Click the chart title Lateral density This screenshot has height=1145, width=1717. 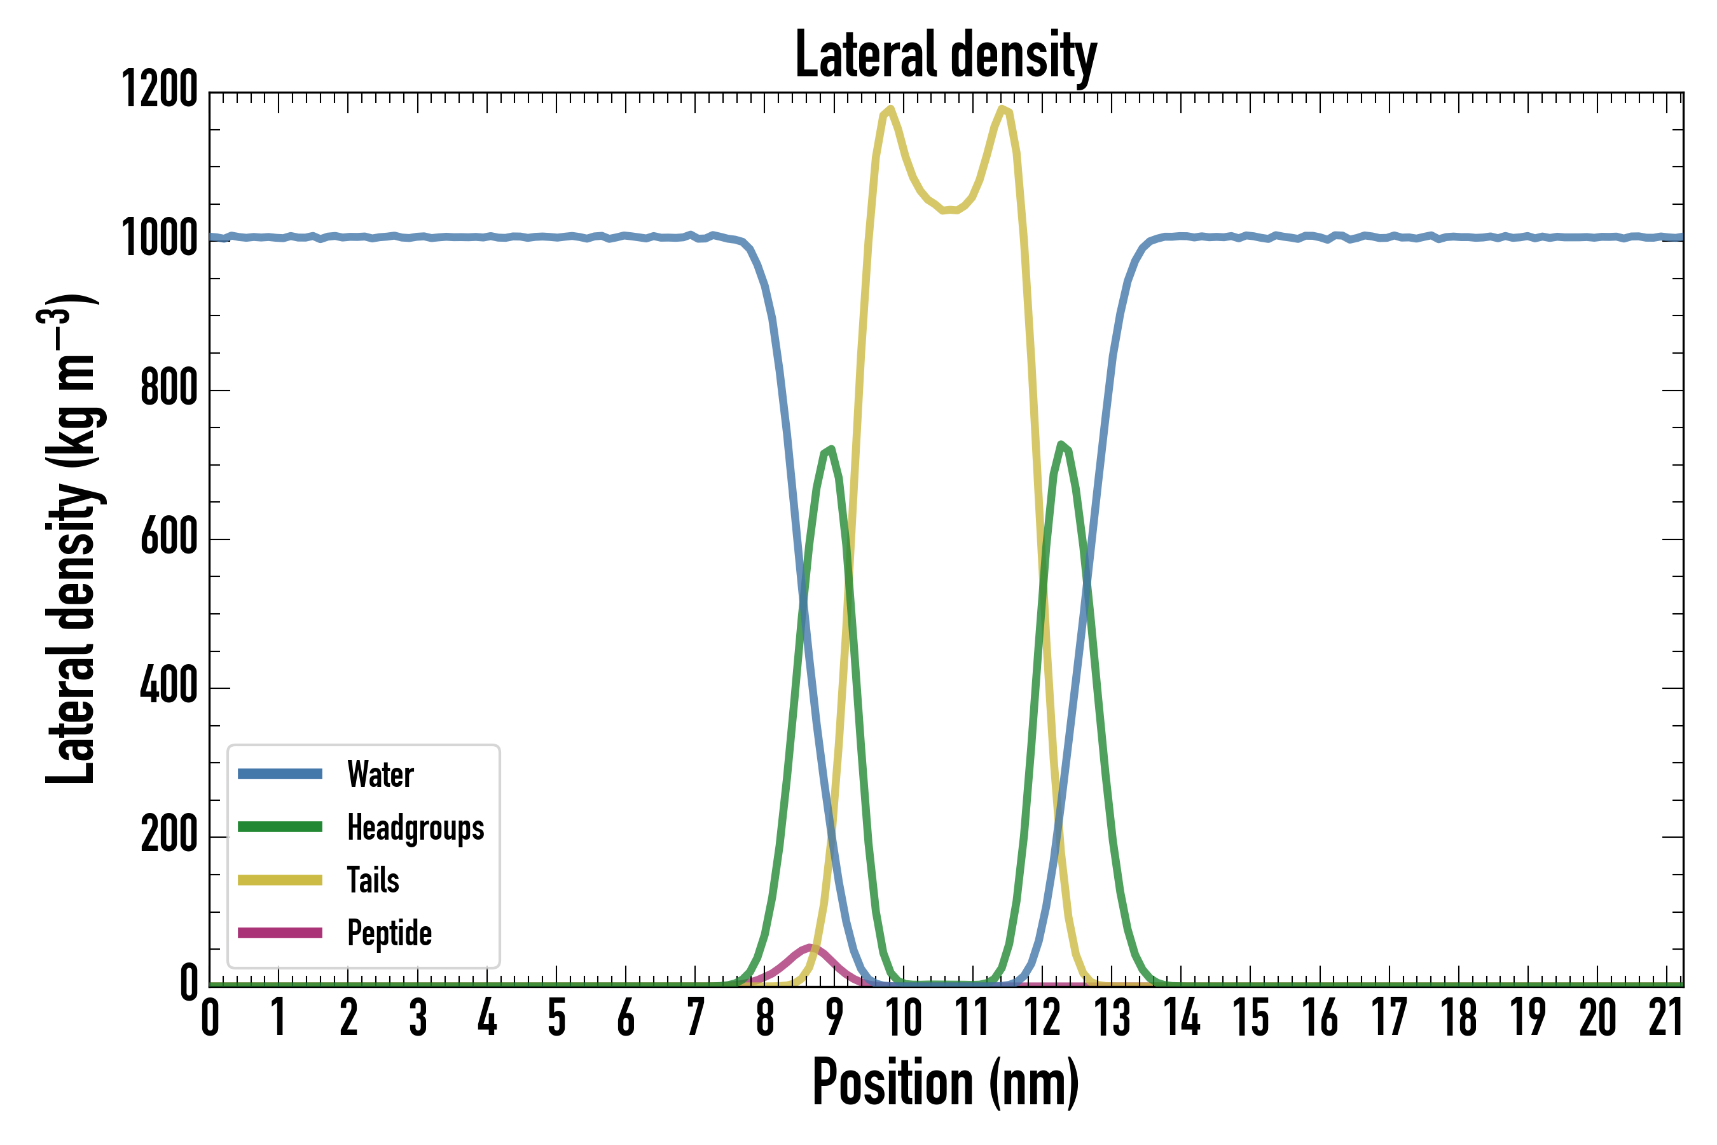pos(946,55)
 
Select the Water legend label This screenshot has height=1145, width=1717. pos(380,774)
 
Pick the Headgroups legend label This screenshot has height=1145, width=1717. pos(415,828)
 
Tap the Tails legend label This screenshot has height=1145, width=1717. pos(373,880)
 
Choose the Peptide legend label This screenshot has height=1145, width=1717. pos(389,933)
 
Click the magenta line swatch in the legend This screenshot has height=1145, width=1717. pos(280,933)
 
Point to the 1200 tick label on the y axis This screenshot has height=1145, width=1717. pos(159,90)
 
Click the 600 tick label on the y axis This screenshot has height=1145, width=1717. pos(169,539)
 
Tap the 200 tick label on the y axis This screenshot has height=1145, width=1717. pos(169,835)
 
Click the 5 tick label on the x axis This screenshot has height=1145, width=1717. pos(557,1017)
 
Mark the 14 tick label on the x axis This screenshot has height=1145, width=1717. pos(1181,1017)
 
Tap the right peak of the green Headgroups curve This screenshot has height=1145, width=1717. pos(1061,444)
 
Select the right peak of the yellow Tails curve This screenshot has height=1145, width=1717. pos(1002,109)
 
